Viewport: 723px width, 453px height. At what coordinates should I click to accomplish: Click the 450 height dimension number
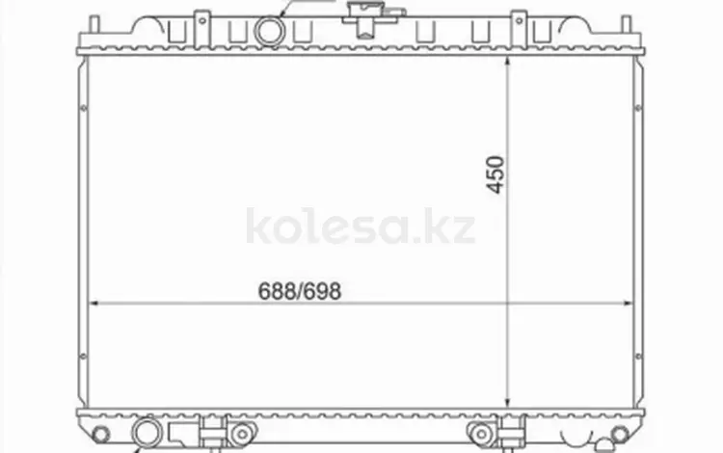coord(495,174)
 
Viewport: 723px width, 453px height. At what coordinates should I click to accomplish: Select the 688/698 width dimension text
coord(300,291)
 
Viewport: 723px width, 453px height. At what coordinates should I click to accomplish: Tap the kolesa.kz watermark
coord(361,226)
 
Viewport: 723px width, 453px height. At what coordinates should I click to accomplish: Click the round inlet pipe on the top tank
coord(270,31)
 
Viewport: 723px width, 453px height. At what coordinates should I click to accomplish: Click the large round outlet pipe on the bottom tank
coord(147,433)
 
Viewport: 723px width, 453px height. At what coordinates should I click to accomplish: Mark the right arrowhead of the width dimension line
coord(628,304)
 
